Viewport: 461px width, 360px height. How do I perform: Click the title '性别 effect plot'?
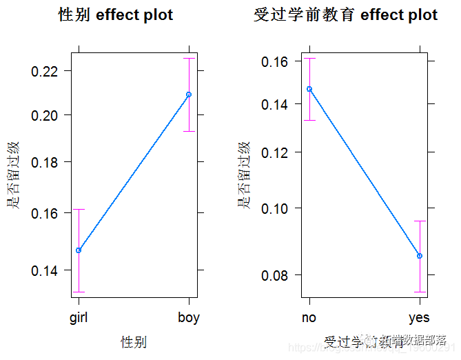click(x=115, y=15)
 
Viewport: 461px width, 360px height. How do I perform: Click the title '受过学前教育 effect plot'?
click(x=345, y=15)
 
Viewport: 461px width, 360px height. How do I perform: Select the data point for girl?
click(x=79, y=250)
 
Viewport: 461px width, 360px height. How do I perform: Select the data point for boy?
click(x=189, y=94)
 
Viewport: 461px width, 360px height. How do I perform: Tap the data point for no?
click(x=309, y=89)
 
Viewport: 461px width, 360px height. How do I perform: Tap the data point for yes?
click(x=420, y=256)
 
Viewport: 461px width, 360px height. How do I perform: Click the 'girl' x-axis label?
click(x=79, y=318)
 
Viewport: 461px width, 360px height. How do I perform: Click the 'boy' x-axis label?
click(x=189, y=318)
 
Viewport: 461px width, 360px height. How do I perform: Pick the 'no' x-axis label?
click(x=309, y=318)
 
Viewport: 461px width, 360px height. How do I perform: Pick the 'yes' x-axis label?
click(x=419, y=318)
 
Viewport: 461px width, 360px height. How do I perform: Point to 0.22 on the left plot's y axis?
click(x=50, y=71)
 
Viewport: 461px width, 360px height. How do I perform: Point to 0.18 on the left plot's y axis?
click(x=50, y=162)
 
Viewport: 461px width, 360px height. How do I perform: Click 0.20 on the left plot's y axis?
click(x=50, y=114)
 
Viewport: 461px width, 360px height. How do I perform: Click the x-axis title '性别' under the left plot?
click(x=134, y=341)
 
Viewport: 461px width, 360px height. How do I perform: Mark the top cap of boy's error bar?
click(x=189, y=59)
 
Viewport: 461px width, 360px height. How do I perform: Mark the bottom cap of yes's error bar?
click(x=420, y=292)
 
